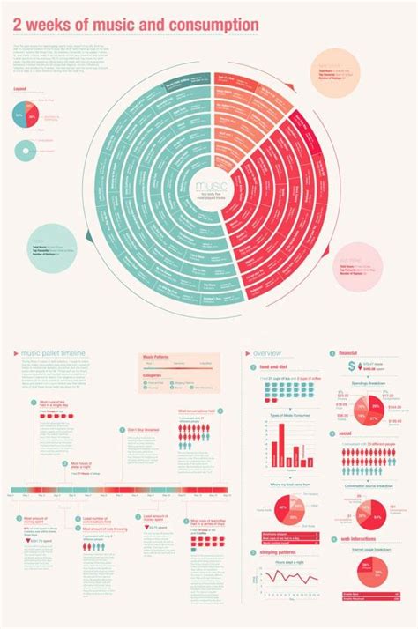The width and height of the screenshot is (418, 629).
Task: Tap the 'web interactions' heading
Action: tap(358, 539)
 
